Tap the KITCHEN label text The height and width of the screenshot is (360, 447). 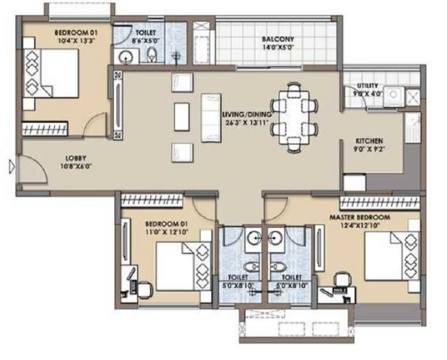point(369,141)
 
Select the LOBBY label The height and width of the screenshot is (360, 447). point(75,159)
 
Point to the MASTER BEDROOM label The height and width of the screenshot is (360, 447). point(360,217)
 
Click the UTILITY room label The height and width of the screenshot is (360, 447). point(368,85)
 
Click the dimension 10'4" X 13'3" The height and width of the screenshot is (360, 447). point(76,40)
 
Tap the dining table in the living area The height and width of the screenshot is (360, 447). point(294,117)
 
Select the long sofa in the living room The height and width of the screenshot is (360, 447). point(211,118)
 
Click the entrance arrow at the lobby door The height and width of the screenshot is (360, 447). point(12,167)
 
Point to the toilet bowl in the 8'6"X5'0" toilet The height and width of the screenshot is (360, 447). point(151,54)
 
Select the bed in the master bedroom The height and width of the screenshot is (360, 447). point(392,256)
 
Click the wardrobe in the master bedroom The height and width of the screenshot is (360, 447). point(380,203)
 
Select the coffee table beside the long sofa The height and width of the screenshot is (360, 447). point(182,117)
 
